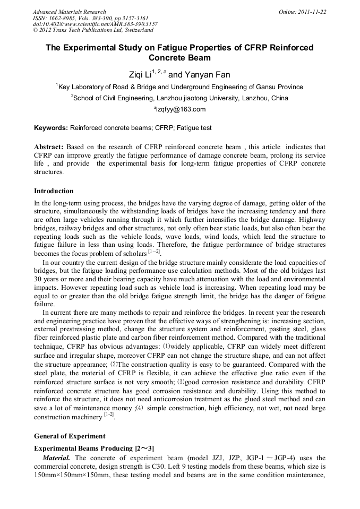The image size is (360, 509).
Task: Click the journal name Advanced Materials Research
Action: click(x=69, y=12)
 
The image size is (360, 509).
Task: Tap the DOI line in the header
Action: click(x=95, y=24)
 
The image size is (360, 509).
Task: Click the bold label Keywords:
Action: click(x=51, y=128)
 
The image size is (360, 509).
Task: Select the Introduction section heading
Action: click(x=54, y=191)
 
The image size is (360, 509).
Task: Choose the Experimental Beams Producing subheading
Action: click(x=94, y=448)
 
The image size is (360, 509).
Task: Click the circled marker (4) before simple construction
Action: click(x=140, y=409)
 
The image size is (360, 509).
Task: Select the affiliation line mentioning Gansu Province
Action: click(x=179, y=87)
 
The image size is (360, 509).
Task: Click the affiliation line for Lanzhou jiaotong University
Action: click(x=179, y=98)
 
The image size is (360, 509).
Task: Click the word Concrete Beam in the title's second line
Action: click(x=179, y=58)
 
